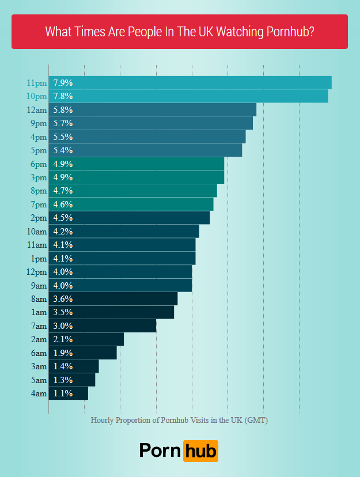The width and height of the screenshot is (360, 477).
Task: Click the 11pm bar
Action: (x=190, y=82)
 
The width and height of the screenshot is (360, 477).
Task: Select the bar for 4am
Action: (x=69, y=393)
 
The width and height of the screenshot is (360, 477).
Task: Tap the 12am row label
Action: (x=37, y=110)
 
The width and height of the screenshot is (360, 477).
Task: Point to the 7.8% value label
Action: (x=63, y=96)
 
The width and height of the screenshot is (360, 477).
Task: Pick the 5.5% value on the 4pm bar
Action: (x=63, y=137)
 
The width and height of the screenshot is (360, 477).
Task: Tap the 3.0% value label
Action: (x=63, y=326)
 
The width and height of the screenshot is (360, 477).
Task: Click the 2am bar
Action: (x=86, y=339)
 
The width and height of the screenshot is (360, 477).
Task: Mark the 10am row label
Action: (x=37, y=232)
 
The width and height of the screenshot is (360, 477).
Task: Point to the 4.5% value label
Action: (x=63, y=218)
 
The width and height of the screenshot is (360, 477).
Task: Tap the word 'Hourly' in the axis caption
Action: (x=103, y=420)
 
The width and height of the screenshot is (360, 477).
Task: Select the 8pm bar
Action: (x=133, y=191)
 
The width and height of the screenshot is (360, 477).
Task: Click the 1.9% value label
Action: (x=63, y=353)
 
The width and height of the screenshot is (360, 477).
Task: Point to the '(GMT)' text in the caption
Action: (x=256, y=420)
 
